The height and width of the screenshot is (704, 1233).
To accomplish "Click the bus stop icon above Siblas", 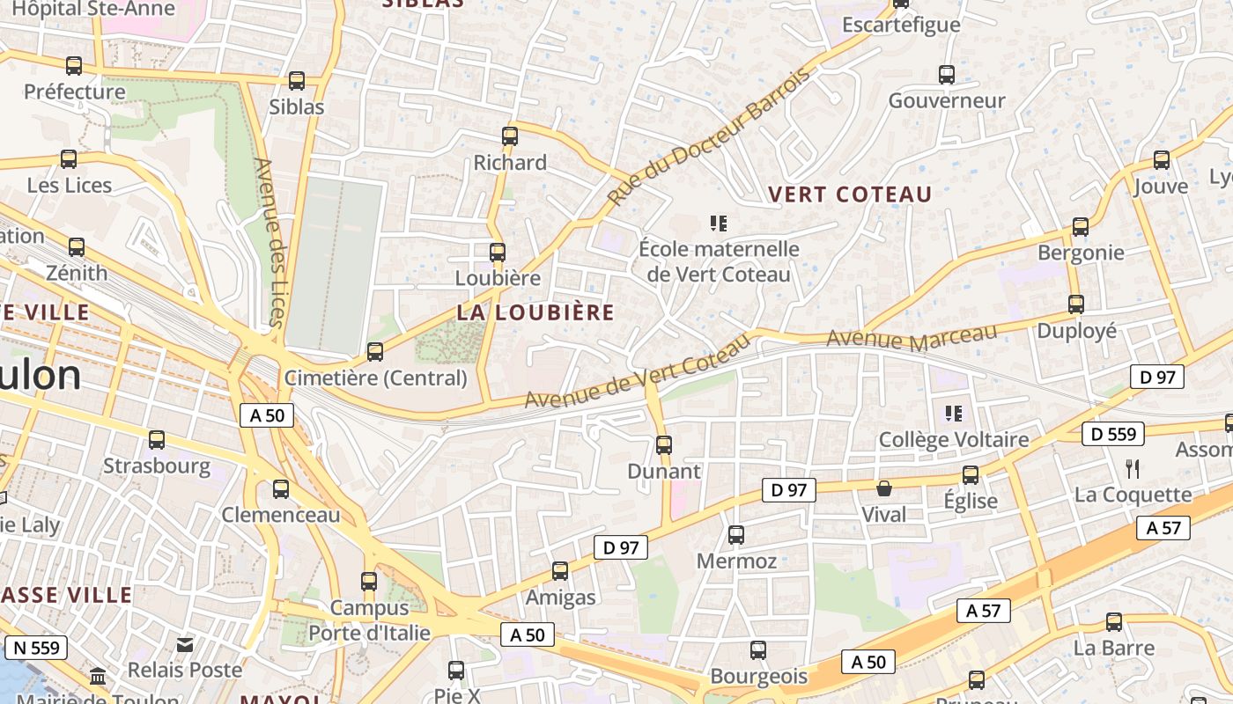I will [x=297, y=81].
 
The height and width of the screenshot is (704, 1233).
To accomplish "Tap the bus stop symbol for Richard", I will [x=510, y=136].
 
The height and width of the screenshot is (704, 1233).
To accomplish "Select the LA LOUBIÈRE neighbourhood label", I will [x=535, y=312].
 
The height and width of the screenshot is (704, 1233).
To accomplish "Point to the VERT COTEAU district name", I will [x=850, y=194].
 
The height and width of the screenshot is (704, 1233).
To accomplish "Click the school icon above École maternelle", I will [x=719, y=224].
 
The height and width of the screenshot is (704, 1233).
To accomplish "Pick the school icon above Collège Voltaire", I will [x=953, y=413].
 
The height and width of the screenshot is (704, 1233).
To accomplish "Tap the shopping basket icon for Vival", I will [x=883, y=488].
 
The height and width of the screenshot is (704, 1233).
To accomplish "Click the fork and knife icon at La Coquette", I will [x=1133, y=468].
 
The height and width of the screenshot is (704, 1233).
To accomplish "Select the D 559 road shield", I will [x=1113, y=434].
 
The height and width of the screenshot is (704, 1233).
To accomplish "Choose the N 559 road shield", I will [x=36, y=649].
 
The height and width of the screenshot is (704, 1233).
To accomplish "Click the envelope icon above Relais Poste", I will [x=185, y=645].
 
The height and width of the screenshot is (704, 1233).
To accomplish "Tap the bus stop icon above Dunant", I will [x=664, y=445].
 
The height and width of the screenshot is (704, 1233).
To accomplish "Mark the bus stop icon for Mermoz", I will [x=736, y=535].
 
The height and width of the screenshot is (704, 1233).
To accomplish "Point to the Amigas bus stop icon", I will [x=560, y=571].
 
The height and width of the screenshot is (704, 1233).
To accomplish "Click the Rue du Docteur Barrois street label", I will [x=708, y=137].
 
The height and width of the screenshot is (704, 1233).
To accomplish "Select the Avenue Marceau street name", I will [x=912, y=336].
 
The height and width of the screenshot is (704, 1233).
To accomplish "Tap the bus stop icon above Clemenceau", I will [x=281, y=489].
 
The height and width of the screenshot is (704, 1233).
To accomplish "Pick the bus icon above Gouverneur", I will [x=947, y=75].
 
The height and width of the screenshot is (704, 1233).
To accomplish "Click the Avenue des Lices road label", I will [x=269, y=241].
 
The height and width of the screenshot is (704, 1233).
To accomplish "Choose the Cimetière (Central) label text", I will [x=375, y=378].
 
